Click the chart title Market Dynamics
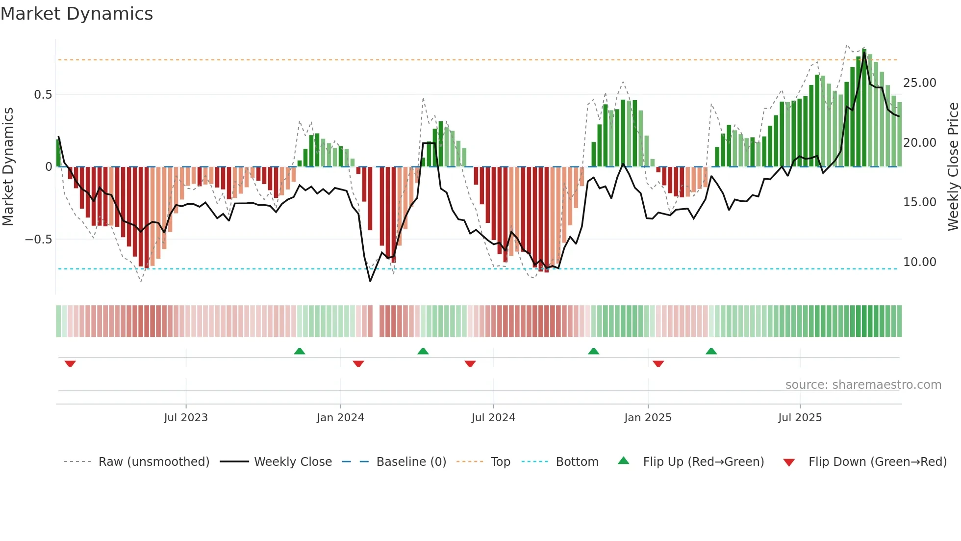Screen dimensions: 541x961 76,14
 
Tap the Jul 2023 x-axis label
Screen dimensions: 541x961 186,418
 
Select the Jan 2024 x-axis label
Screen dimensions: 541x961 340,418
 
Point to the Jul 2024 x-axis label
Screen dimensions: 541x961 493,418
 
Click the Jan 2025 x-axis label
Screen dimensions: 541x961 648,418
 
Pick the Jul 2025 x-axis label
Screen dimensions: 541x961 800,418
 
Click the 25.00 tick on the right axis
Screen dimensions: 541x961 920,83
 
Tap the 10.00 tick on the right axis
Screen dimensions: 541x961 920,262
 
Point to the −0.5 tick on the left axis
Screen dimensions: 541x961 38,240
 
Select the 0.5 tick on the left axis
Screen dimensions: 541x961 43,95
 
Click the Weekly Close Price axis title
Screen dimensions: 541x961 953,167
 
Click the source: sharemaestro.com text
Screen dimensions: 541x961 863,385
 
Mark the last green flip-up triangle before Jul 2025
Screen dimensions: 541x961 711,351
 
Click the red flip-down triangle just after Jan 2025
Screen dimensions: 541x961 658,364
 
